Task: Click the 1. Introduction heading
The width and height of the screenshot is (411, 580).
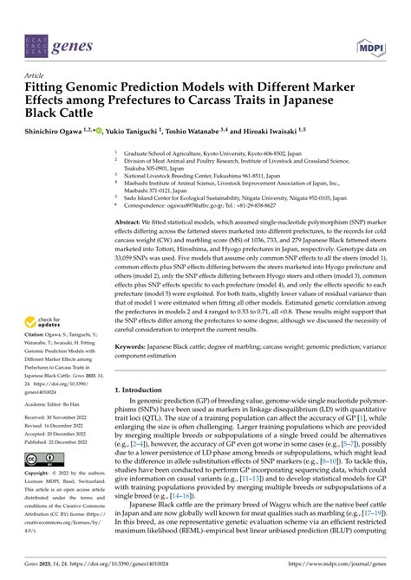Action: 143,390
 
